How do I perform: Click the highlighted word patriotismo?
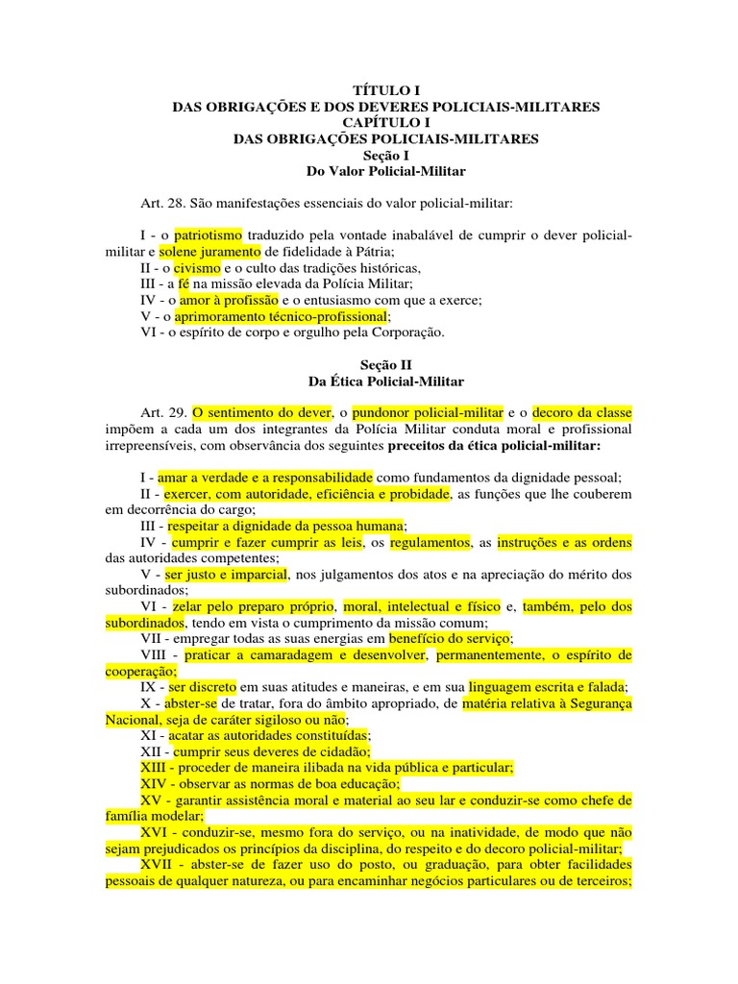pyautogui.click(x=208, y=235)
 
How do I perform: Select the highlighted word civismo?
pyautogui.click(x=196, y=267)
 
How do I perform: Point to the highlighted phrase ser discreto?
pyautogui.click(x=202, y=687)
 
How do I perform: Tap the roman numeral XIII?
pyautogui.click(x=154, y=768)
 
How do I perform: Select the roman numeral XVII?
pyautogui.click(x=157, y=865)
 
